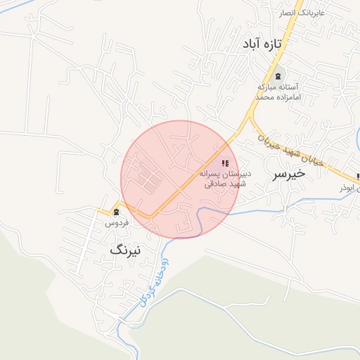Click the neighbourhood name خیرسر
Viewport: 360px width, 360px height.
pos(290,172)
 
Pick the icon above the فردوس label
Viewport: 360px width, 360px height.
pos(116,211)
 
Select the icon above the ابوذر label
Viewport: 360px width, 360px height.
pos(358,176)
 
